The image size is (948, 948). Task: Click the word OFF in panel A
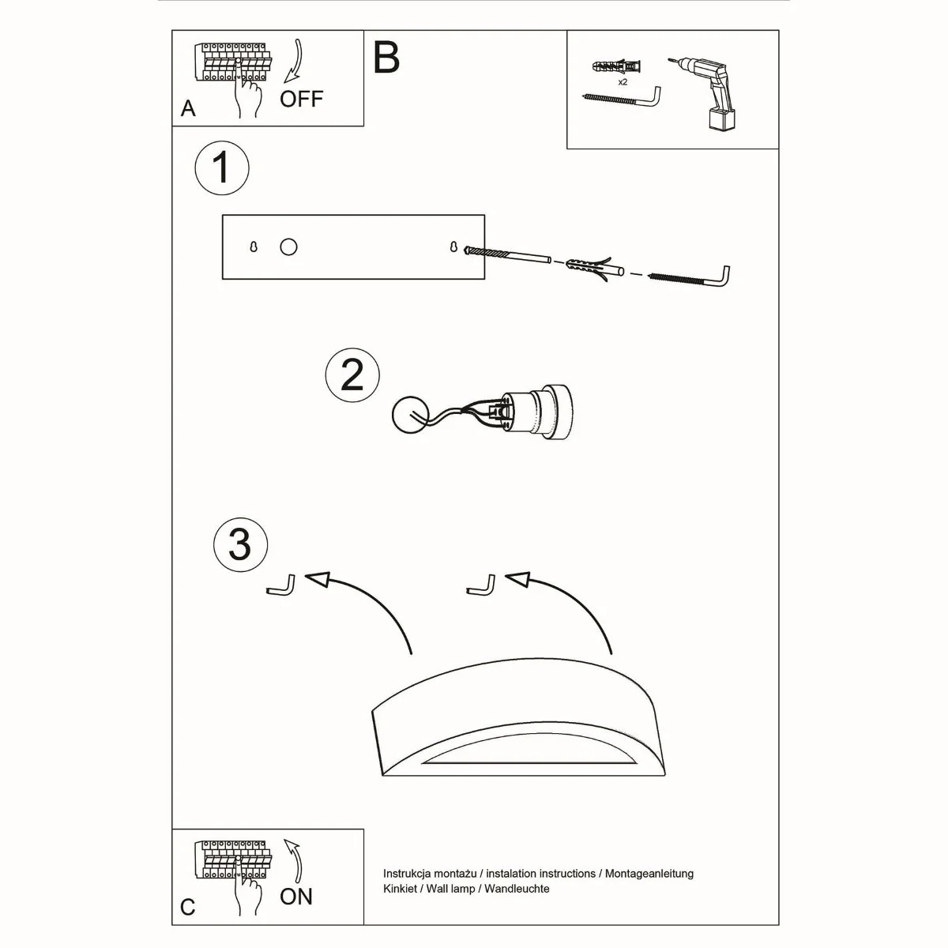(x=302, y=99)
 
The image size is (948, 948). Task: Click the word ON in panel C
(x=296, y=897)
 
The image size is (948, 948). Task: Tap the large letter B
(x=386, y=57)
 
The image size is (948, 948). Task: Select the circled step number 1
(x=222, y=167)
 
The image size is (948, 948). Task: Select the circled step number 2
(x=352, y=375)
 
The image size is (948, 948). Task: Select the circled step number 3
(x=240, y=544)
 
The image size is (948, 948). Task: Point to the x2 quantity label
(x=623, y=81)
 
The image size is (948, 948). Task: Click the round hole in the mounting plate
(x=288, y=247)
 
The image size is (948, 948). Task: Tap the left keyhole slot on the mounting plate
(x=254, y=247)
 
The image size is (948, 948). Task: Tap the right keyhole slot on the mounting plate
(x=453, y=247)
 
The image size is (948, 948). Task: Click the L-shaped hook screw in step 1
(x=691, y=277)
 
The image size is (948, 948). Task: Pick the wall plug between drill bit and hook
(x=589, y=266)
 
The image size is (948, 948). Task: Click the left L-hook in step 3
(x=281, y=587)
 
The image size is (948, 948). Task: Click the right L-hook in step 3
(x=482, y=586)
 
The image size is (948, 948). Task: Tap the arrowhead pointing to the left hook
(x=317, y=580)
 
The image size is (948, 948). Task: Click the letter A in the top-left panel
(x=188, y=108)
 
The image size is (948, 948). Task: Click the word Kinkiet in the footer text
(x=400, y=889)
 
